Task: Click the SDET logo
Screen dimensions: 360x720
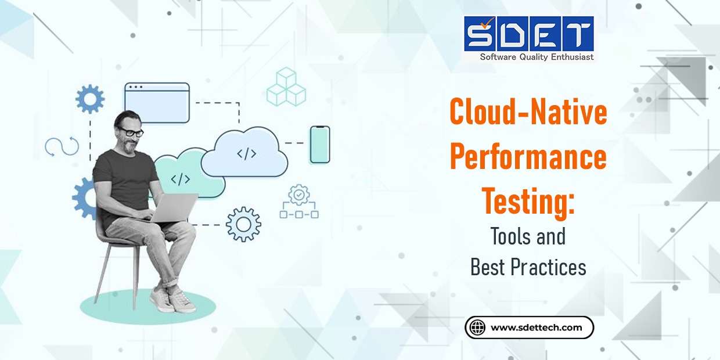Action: pos(528,34)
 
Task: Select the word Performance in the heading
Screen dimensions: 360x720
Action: pos(528,158)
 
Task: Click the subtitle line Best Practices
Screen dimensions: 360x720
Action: pos(528,267)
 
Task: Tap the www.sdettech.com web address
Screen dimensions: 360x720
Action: pos(536,327)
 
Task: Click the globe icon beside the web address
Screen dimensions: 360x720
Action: pos(477,327)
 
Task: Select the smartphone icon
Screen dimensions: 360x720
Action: pos(319,145)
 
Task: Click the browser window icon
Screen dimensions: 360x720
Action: pos(157,103)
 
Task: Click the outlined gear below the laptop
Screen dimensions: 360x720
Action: pos(243,224)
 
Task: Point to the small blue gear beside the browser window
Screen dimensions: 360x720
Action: pos(90,99)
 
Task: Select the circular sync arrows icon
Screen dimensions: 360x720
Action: pos(62,146)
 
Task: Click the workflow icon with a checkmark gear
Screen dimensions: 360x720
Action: pos(299,203)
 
